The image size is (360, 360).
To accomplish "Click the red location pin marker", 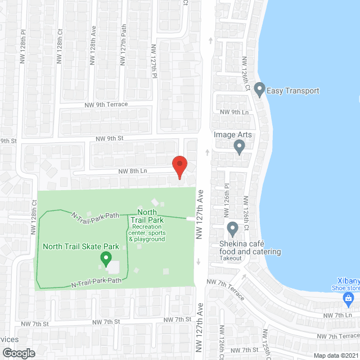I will (x=179, y=167).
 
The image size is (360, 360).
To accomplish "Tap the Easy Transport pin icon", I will (x=259, y=89).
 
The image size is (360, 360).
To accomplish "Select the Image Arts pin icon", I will (x=239, y=147).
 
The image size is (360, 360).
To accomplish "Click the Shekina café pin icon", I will (x=232, y=229).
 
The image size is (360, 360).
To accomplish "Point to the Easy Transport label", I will (x=294, y=91).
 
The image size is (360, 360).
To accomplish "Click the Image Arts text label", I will (x=232, y=135).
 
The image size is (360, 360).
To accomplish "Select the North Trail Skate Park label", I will (x=81, y=246).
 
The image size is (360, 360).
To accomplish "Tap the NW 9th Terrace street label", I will (x=106, y=105).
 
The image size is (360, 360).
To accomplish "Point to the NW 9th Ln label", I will (x=234, y=112).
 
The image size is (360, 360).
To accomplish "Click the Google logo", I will (x=18, y=353).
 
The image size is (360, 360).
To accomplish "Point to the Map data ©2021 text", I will (x=335, y=355).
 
